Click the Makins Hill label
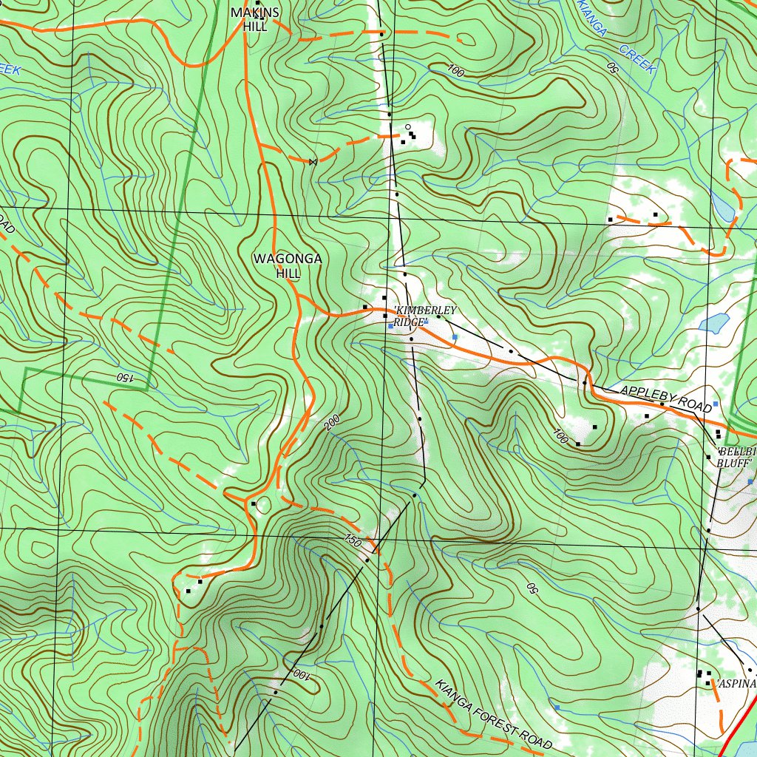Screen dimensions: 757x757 (x=255, y=18)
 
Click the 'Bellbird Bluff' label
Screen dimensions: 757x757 (x=736, y=457)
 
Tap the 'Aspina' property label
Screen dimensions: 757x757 (x=736, y=684)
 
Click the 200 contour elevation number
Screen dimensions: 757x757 (x=331, y=423)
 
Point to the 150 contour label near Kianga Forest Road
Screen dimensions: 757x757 (x=353, y=542)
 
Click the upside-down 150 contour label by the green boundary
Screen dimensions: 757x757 (x=123, y=377)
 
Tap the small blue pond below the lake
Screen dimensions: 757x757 (x=714, y=323)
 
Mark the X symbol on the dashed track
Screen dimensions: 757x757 (x=313, y=160)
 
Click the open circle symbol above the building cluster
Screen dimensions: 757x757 (x=407, y=126)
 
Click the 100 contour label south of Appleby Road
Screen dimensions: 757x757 (x=560, y=435)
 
